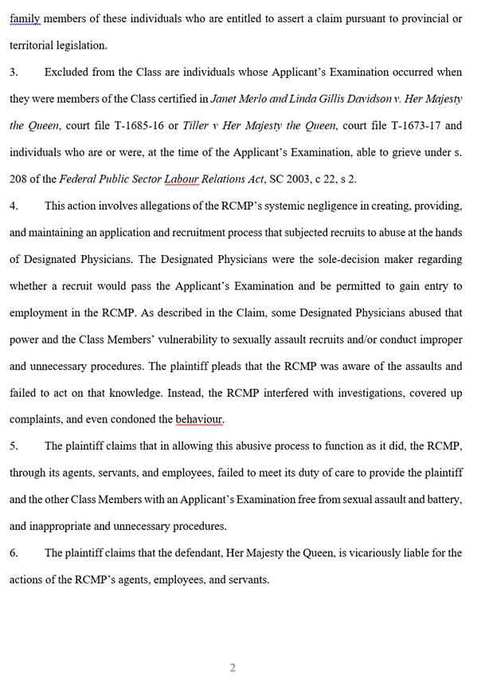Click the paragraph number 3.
tap(14, 73)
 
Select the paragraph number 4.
tap(14, 206)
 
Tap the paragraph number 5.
tap(14, 446)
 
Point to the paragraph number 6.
tap(14, 553)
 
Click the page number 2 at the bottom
tap(233, 668)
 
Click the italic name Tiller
tap(195, 126)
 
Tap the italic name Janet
tap(226, 99)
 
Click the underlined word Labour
tap(181, 179)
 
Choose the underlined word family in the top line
tap(25, 18)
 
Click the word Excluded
tap(68, 73)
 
